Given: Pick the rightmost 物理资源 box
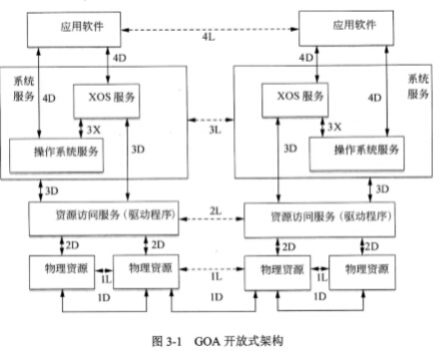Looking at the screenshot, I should click(x=366, y=269).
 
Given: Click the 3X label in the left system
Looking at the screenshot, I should click(x=93, y=128).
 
